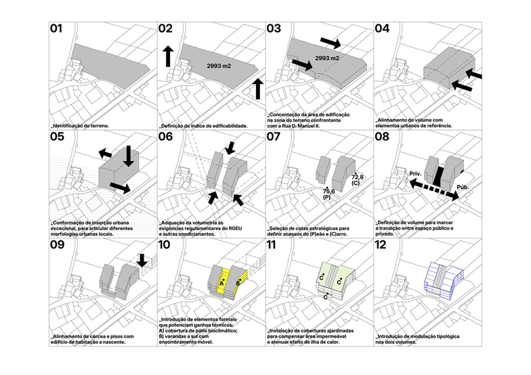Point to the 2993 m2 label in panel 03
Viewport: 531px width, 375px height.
tap(327, 58)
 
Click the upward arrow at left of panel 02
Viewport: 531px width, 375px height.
tap(167, 56)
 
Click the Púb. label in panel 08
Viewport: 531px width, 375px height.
tap(463, 185)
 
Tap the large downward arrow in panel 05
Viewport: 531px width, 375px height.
tap(128, 156)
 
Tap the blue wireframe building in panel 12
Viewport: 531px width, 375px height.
tap(433, 280)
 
